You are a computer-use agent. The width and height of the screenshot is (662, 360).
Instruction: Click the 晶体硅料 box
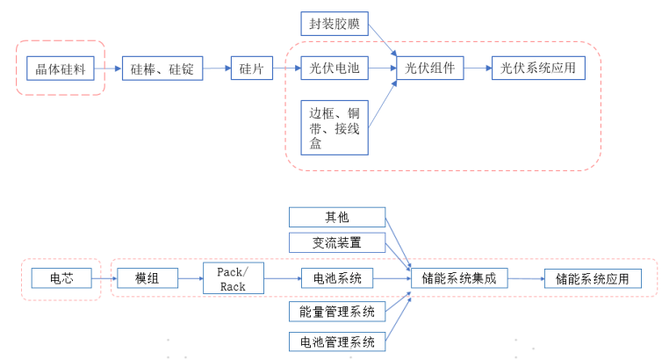coord(61,68)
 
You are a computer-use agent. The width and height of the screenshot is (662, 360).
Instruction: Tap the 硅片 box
coord(252,68)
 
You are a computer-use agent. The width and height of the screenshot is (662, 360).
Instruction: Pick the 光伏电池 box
coord(334,68)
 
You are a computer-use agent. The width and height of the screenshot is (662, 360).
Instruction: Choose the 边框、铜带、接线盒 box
coord(334,127)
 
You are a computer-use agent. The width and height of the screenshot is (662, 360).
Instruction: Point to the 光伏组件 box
coord(429,68)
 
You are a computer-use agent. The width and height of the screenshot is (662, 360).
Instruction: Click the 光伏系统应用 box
coord(538,68)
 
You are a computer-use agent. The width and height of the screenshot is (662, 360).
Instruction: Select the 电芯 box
coord(60,278)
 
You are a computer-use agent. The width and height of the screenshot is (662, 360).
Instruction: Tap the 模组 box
coord(146,278)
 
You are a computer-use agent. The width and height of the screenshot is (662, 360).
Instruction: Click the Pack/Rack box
coord(233,278)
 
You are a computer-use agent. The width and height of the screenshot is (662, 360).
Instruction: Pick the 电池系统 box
coord(337,278)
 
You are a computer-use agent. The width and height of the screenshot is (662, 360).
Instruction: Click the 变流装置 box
coord(337,241)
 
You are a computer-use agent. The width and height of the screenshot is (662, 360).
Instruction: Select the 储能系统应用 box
coord(593,278)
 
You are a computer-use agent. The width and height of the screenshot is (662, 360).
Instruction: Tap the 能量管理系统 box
coord(337,312)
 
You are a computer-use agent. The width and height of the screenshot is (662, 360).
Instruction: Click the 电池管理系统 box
coord(337,342)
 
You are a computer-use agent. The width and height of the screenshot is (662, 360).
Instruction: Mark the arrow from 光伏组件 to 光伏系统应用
coord(477,68)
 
